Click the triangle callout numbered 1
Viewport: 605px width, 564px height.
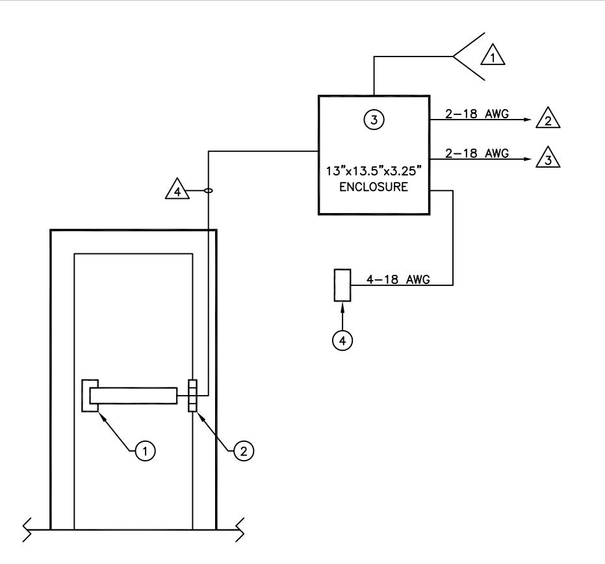click(493, 57)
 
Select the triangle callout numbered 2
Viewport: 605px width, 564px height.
click(548, 119)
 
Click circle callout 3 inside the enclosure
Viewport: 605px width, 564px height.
click(374, 120)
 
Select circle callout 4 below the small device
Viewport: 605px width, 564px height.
click(342, 340)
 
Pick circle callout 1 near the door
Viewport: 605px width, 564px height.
click(145, 450)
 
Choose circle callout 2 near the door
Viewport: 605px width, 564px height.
click(244, 450)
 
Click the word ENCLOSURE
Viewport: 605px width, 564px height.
click(374, 186)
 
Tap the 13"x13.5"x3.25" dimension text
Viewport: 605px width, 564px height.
click(374, 170)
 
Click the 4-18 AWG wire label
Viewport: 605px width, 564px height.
click(398, 279)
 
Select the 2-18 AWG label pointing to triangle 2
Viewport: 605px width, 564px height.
click(477, 114)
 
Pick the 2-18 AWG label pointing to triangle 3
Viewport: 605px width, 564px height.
click(477, 153)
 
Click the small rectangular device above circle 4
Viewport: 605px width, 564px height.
click(342, 285)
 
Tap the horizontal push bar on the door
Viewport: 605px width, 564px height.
click(133, 396)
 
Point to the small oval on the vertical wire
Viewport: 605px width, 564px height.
click(208, 190)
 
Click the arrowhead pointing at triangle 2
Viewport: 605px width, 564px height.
click(528, 120)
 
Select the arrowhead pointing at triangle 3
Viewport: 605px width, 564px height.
click(528, 159)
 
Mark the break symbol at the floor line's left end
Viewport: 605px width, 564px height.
click(27, 530)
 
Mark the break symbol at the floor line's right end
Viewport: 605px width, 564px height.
click(240, 530)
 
